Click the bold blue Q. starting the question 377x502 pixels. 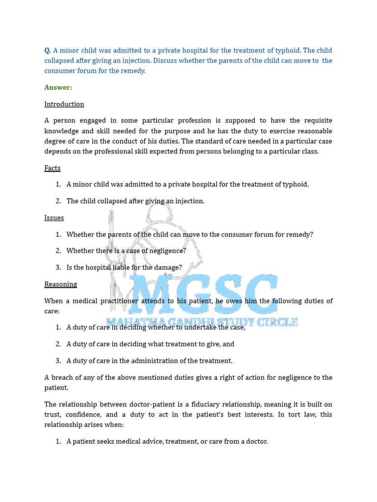click(48, 50)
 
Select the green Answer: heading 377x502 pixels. click(58, 87)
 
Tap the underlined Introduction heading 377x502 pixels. click(64, 104)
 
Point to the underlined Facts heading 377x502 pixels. click(53, 168)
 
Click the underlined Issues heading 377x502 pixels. click(54, 218)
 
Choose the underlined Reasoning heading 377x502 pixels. click(61, 284)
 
